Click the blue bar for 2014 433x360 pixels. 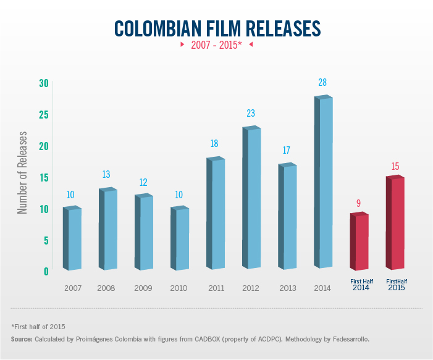click(x=324, y=182)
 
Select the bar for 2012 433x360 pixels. click(x=252, y=198)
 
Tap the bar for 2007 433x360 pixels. click(x=73, y=238)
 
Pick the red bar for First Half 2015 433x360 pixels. click(x=395, y=222)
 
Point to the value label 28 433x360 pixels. click(x=322, y=83)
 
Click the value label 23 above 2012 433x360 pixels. click(x=250, y=114)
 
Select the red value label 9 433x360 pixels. click(x=358, y=203)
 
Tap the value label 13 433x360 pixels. click(x=106, y=175)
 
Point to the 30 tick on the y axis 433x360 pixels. click(x=43, y=83)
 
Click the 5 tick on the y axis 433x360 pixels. click(x=46, y=240)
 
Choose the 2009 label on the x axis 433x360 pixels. click(x=143, y=288)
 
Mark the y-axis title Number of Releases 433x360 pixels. click(x=23, y=172)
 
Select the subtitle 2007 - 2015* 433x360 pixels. click(x=216, y=46)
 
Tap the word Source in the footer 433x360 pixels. click(x=21, y=340)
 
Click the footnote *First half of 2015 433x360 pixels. click(x=38, y=326)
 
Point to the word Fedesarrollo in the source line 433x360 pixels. click(x=348, y=340)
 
